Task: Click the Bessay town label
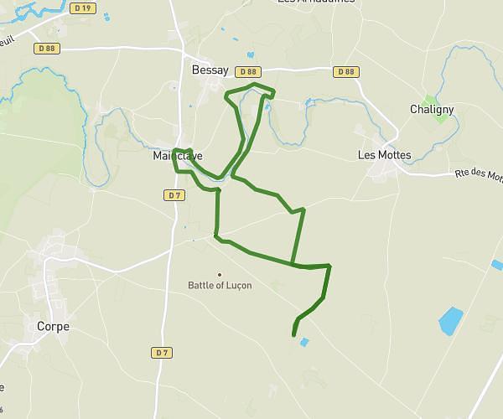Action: pos(210,71)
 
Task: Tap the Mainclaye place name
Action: pos(178,156)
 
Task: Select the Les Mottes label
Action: pos(384,155)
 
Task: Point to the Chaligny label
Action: pos(432,109)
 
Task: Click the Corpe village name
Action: pos(53,326)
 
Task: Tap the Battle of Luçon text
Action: pos(220,285)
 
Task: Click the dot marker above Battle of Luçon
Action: pos(220,274)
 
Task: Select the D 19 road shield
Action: pos(81,8)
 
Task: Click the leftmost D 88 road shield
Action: pos(48,49)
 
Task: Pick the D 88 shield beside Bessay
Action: pos(247,72)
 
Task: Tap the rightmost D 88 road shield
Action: pos(345,72)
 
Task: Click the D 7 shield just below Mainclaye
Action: pos(174,195)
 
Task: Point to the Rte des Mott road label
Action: pos(479,175)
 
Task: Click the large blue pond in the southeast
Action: pos(450,319)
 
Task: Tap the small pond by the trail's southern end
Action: pos(303,342)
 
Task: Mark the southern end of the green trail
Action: pos(293,335)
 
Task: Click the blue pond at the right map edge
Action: pos(497,265)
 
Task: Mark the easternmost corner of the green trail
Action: pos(329,266)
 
